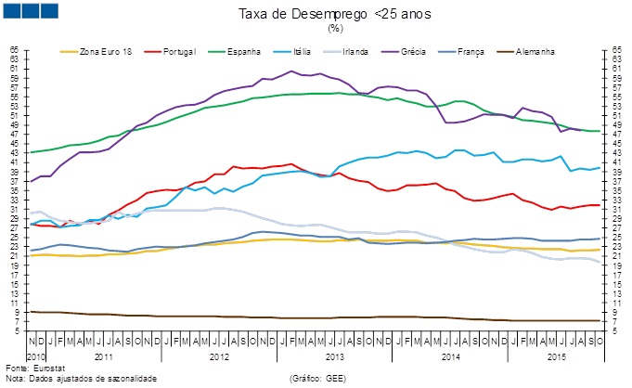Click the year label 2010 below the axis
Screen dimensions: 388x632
(x=34, y=356)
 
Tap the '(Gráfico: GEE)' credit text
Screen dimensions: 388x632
(x=319, y=379)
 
